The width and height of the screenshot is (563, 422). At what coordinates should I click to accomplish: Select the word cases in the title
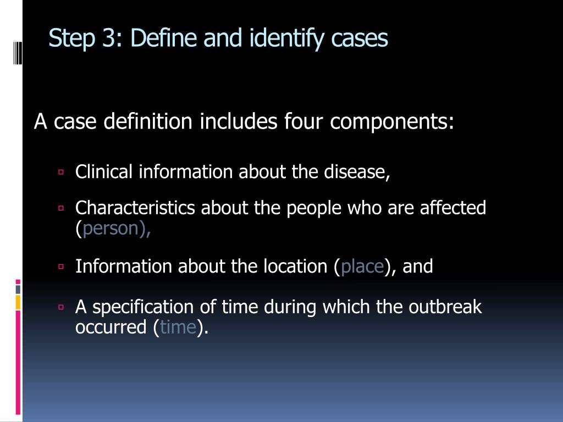click(360, 39)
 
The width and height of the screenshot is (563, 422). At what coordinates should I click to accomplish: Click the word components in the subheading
click(392, 121)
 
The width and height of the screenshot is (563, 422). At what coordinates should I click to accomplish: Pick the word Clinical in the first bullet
click(104, 172)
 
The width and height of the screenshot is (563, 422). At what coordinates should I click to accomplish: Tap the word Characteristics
click(135, 208)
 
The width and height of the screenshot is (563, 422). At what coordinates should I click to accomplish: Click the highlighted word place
click(362, 266)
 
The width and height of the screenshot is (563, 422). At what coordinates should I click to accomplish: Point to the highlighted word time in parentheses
click(178, 327)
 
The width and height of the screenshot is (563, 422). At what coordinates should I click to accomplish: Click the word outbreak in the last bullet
click(445, 307)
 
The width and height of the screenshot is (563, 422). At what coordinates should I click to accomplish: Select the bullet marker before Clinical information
click(61, 172)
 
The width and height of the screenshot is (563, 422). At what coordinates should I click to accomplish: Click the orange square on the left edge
click(18, 302)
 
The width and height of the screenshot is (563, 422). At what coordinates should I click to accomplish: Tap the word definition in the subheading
click(148, 121)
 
